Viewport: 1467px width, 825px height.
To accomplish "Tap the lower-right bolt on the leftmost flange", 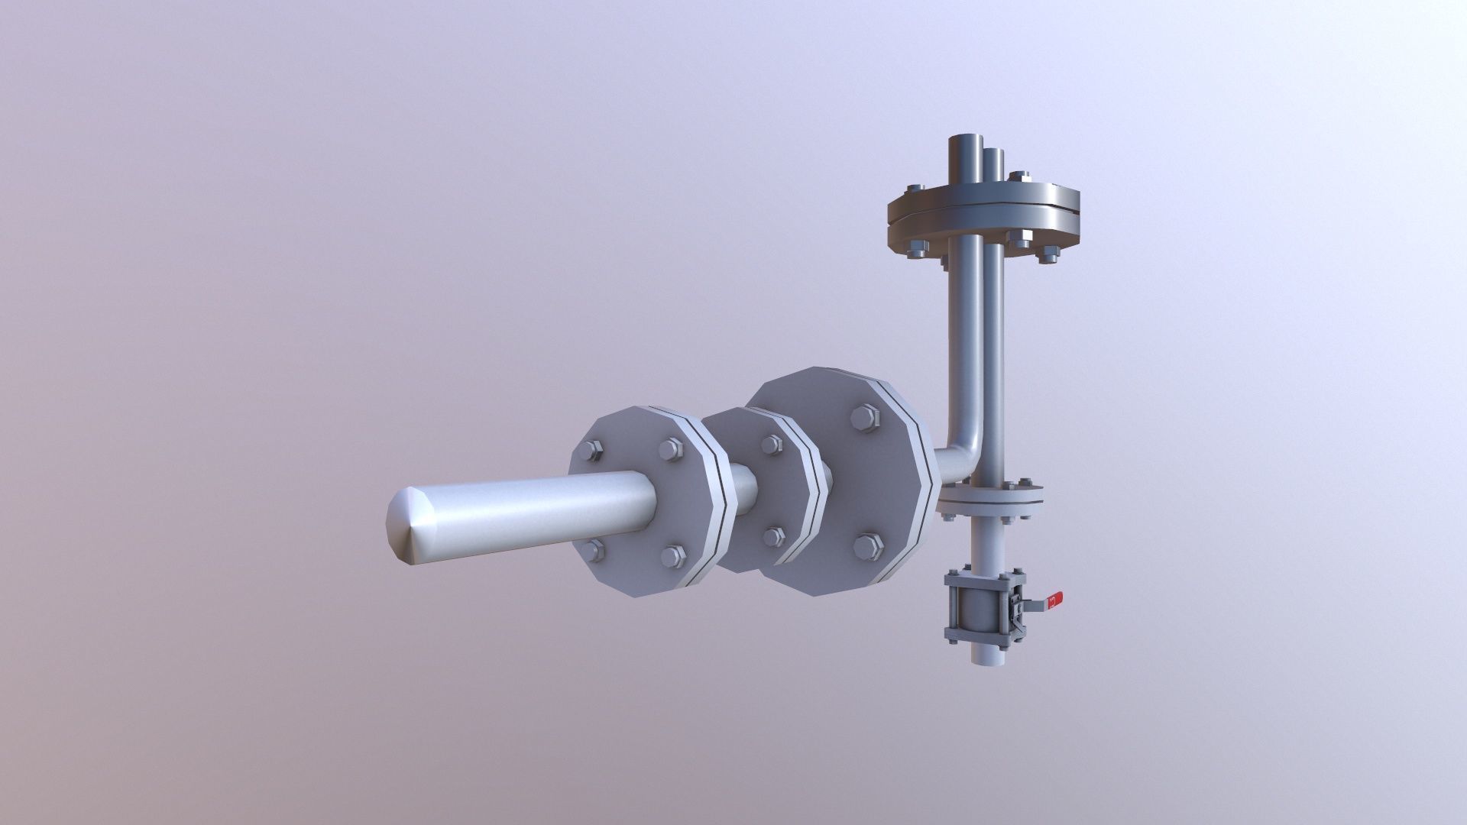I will (672, 555).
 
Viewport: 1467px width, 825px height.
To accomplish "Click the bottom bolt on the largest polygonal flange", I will (869, 545).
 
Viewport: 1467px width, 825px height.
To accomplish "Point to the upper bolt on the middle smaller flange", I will (772, 445).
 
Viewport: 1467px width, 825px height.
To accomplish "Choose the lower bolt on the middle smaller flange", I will (773, 536).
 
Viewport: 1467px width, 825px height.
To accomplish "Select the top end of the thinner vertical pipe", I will (993, 150).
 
